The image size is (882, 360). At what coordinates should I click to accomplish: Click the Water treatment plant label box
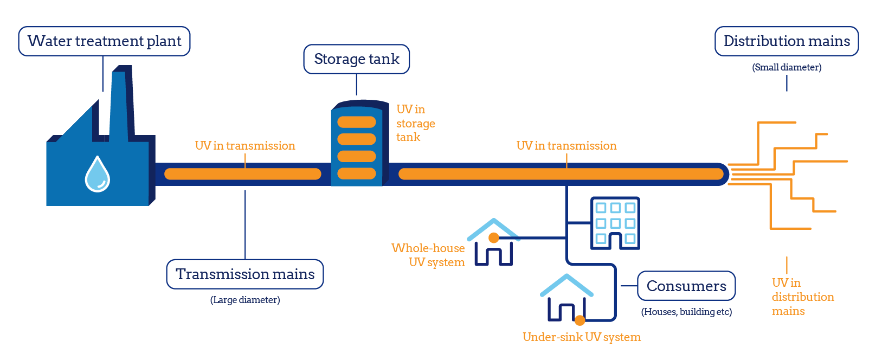click(104, 41)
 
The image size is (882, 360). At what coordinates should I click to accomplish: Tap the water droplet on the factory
click(98, 175)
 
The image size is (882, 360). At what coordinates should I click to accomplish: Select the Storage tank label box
click(356, 59)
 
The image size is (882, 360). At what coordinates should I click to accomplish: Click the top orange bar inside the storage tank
click(357, 122)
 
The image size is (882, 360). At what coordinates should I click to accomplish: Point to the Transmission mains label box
click(245, 274)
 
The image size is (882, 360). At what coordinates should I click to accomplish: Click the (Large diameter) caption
click(245, 300)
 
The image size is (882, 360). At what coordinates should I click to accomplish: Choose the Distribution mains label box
click(787, 41)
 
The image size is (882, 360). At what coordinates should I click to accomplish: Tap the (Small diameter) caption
click(787, 67)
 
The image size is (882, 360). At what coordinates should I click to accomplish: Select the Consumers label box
click(686, 286)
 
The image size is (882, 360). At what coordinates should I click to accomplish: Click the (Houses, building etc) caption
click(686, 312)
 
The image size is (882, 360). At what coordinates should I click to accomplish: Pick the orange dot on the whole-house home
click(493, 237)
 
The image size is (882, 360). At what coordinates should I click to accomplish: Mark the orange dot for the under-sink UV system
click(580, 320)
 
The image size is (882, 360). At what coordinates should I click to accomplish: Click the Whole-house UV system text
click(428, 255)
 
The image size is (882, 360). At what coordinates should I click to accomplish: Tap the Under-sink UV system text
click(581, 337)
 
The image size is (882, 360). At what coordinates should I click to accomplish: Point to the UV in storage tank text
click(415, 124)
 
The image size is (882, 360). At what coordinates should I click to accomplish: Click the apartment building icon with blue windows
click(615, 223)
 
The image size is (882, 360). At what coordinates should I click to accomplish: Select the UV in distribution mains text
click(802, 297)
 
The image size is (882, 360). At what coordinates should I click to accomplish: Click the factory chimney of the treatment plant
click(121, 103)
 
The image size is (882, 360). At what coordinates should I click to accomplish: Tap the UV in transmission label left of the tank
click(245, 146)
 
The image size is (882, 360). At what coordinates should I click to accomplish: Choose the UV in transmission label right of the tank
click(566, 146)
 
